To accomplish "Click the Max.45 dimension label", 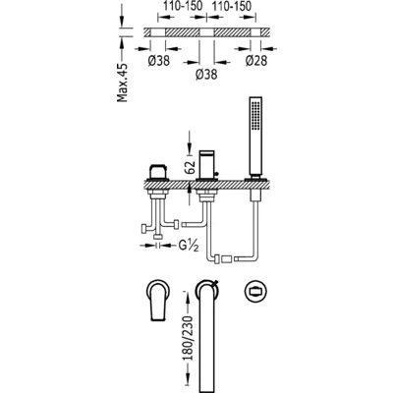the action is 123,83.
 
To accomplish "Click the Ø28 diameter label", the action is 256,61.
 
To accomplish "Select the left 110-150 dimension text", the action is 183,6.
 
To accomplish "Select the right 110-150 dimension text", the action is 232,6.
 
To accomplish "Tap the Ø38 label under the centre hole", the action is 206,75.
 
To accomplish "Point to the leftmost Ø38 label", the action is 159,61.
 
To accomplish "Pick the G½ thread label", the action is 189,246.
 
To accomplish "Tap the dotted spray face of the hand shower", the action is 255,115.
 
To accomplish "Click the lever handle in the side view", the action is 158,172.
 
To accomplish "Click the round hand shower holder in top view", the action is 255,291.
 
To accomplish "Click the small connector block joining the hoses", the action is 227,259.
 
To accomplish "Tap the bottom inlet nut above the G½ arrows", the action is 159,237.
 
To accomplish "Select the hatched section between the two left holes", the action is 183,32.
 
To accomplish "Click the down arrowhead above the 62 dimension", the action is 189,150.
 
